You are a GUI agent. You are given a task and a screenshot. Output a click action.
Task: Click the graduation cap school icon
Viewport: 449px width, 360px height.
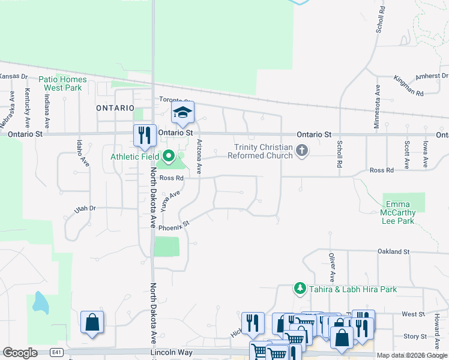[x=183, y=112]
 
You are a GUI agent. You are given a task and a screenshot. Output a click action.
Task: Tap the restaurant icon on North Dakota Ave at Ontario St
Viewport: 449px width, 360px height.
[x=145, y=134]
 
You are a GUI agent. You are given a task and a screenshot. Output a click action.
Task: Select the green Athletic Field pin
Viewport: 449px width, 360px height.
[x=169, y=157]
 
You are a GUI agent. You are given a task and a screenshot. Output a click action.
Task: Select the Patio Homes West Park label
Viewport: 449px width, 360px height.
[x=62, y=83]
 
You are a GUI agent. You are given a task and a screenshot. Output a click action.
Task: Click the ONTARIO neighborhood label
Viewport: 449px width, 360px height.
[x=115, y=108]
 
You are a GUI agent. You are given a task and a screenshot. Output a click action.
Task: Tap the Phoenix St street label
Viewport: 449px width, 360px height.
[x=174, y=225]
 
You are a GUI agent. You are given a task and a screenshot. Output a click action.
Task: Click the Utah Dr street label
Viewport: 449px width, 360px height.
[x=84, y=208]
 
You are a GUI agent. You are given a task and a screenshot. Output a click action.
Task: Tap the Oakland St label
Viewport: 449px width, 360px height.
[x=393, y=251]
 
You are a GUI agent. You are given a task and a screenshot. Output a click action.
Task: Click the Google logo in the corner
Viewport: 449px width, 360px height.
[x=20, y=353]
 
